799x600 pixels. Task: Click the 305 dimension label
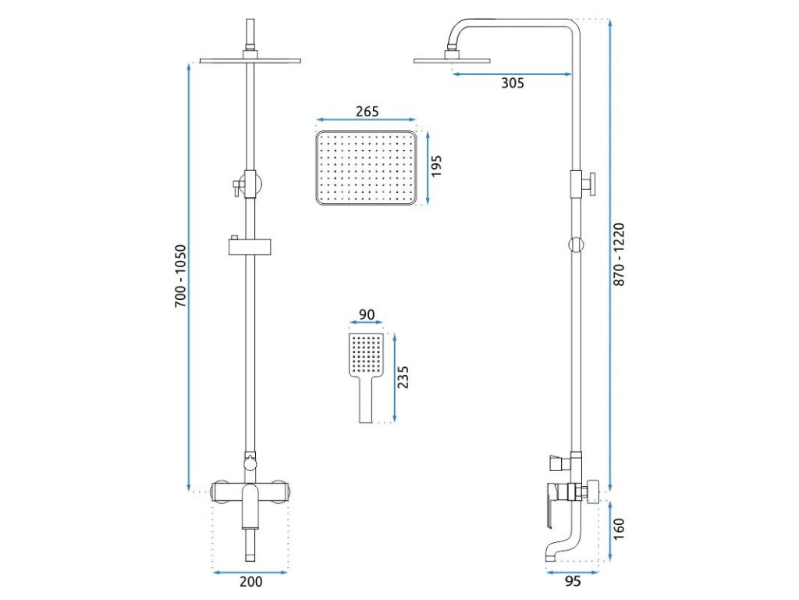(512, 84)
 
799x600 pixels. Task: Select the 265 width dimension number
(367, 112)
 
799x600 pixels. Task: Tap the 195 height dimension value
(436, 168)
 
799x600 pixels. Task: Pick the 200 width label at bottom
(250, 581)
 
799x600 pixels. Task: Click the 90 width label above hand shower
(367, 316)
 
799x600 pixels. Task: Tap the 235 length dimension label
(403, 377)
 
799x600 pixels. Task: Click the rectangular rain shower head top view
(367, 168)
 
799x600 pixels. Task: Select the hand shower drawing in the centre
(367, 375)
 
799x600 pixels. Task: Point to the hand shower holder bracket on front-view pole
(250, 247)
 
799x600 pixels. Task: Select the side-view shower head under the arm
(453, 59)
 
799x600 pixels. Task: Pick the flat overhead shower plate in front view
(250, 60)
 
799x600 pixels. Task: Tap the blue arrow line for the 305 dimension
(512, 75)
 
